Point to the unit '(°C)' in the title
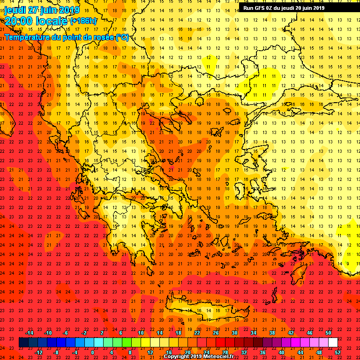[122, 37]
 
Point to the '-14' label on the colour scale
[29, 333]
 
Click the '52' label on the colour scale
[338, 352]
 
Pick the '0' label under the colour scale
[92, 352]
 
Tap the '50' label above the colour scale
[328, 333]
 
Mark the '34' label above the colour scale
[253, 333]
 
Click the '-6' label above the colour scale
[66, 333]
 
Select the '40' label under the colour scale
[281, 352]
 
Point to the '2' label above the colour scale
[102, 333]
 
